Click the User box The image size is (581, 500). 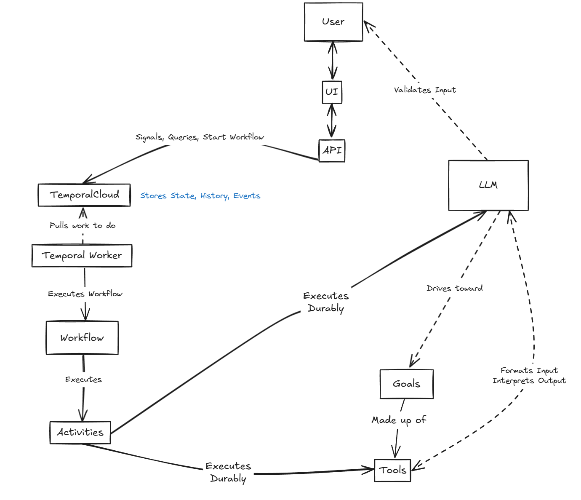[333, 22]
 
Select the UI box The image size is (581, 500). [332, 92]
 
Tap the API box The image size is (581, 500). [332, 150]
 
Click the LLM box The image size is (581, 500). [488, 185]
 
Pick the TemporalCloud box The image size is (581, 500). [84, 195]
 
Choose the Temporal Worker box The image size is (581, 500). [82, 256]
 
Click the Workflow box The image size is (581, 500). [82, 338]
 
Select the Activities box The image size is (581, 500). [80, 432]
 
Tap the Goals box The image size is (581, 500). [406, 384]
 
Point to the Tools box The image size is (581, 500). [392, 470]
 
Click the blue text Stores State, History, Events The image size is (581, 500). [200, 196]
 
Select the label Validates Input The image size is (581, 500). [425, 90]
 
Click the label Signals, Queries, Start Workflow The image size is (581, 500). [200, 137]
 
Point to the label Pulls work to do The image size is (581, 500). [83, 225]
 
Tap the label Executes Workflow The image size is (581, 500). [85, 294]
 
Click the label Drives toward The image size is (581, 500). [454, 289]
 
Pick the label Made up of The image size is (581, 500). [399, 420]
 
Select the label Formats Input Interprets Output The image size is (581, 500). [529, 375]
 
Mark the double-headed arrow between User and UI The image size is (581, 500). [333, 61]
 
